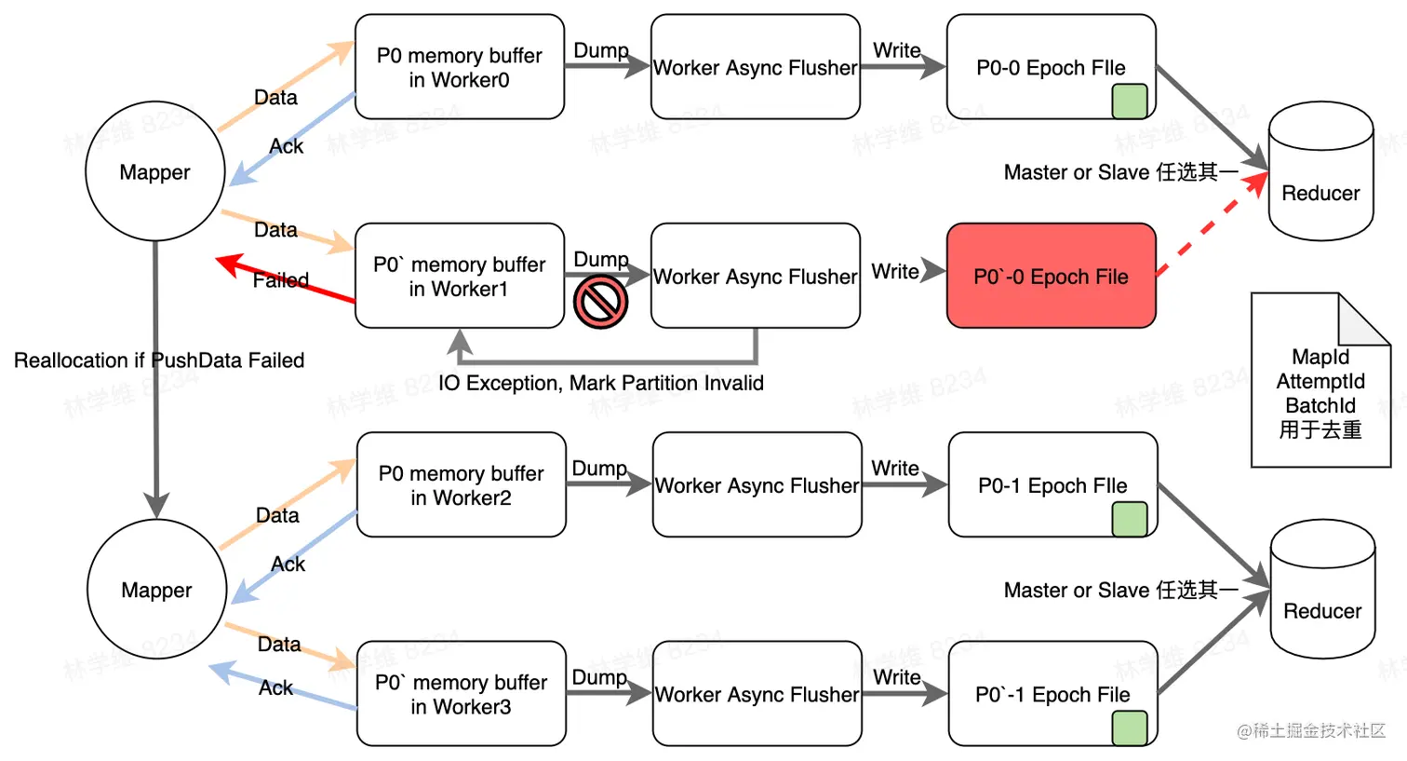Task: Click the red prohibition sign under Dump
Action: pos(600,302)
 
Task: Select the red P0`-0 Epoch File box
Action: pos(1051,276)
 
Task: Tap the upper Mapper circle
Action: pos(154,171)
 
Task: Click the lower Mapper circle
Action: pos(156,590)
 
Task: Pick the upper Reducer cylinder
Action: pos(1320,172)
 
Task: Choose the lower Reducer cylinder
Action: pos(1322,591)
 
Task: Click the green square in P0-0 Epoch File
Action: pos(1129,101)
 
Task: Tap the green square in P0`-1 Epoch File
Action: pos(1129,727)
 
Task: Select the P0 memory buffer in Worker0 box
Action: pos(459,67)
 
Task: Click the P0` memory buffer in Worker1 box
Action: pos(459,276)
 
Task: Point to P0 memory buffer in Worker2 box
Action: pos(461,484)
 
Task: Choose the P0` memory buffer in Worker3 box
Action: pos(461,694)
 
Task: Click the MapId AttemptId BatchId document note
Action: pos(1320,391)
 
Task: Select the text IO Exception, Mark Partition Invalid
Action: pos(601,383)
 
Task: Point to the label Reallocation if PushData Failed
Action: pos(159,360)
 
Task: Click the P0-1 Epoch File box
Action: pos(1052,484)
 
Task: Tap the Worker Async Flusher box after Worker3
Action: pos(757,694)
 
